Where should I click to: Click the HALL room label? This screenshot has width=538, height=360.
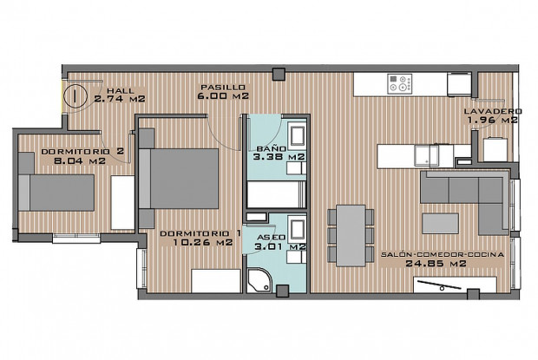(x=118, y=90)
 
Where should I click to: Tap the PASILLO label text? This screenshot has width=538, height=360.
(x=223, y=87)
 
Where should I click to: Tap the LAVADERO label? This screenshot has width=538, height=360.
(x=491, y=112)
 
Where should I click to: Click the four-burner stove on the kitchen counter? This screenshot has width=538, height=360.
(x=401, y=84)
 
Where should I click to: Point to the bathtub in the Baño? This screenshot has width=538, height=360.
(x=277, y=192)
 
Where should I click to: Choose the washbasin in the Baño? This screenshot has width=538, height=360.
(x=298, y=136)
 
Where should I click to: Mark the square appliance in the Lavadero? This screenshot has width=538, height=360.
(x=495, y=149)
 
